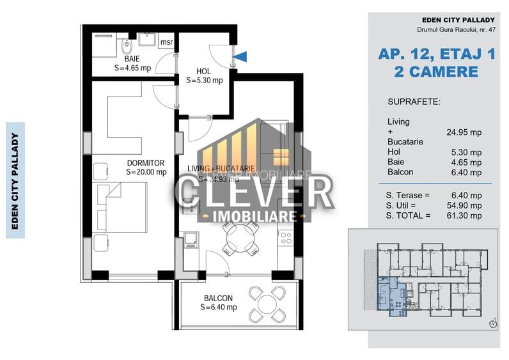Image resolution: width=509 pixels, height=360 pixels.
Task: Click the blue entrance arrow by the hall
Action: pyautogui.click(x=240, y=57)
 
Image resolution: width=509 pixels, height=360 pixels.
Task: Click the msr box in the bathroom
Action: pyautogui.click(x=166, y=43)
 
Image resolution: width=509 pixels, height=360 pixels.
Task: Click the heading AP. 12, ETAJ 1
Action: pyautogui.click(x=437, y=54)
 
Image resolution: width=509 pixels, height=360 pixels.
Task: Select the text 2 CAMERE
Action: pyautogui.click(x=437, y=71)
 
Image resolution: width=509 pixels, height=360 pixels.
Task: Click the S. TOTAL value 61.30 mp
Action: pyautogui.click(x=465, y=216)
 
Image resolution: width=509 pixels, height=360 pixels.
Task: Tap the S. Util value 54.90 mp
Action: pyautogui.click(x=465, y=205)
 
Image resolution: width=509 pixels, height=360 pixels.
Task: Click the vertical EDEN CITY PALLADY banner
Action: pyautogui.click(x=15, y=180)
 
